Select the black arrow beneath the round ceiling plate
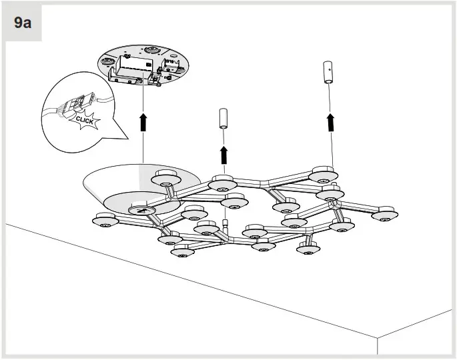[x=142, y=123]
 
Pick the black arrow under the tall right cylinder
[x=329, y=121]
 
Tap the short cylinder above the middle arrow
[x=223, y=119]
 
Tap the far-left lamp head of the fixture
[x=104, y=220]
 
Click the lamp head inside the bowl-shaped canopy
[x=165, y=177]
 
